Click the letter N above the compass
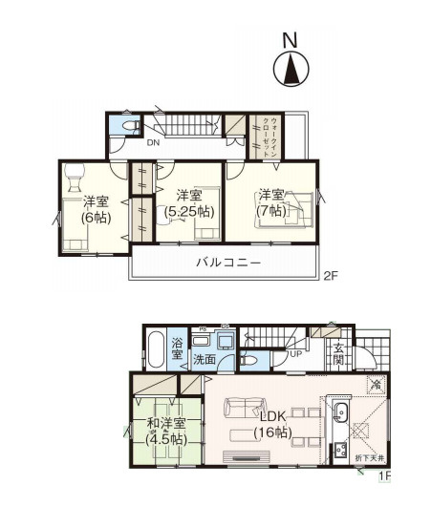289,40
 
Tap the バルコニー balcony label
228,262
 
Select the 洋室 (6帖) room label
96,210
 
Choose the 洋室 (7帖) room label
271,201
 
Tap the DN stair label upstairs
153,143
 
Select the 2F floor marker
330,278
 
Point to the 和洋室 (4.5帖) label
165,431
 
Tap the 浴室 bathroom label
177,347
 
